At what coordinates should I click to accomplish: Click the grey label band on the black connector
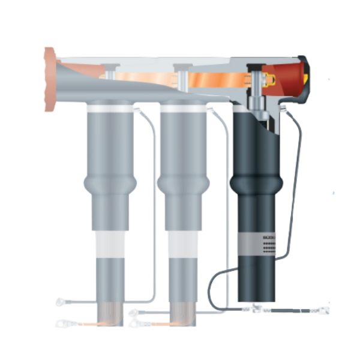point(257,244)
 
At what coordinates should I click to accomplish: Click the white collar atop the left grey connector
point(111,107)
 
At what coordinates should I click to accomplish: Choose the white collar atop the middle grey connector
point(183,107)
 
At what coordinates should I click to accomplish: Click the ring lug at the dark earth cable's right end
point(323,310)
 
